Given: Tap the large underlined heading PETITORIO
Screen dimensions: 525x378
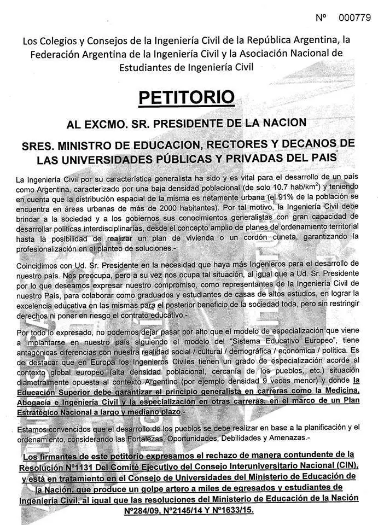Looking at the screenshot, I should (x=187, y=97).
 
